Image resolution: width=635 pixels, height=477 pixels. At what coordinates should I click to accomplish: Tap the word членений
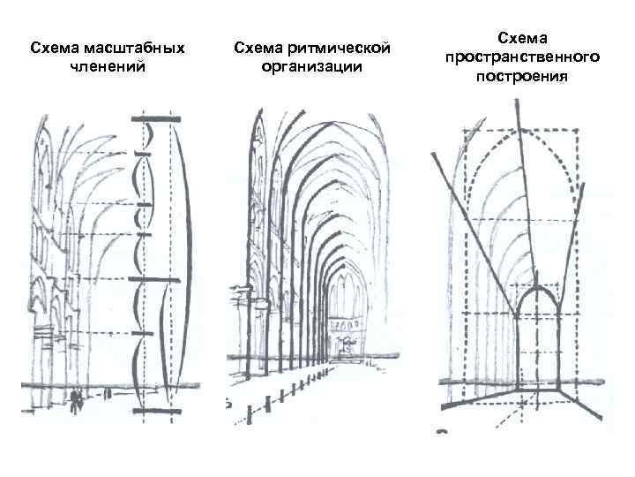108,65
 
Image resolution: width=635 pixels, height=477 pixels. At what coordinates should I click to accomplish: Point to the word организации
312,65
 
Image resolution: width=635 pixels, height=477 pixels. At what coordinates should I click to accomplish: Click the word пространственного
522,57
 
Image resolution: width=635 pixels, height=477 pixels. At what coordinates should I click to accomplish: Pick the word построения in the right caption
522,75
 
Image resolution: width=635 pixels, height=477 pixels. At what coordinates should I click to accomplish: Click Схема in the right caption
522,38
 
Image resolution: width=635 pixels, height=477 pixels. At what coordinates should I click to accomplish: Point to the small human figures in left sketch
78,399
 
